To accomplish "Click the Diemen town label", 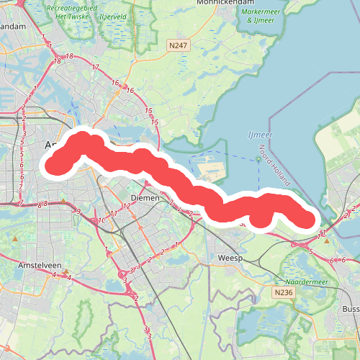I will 144,197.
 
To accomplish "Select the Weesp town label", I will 230,257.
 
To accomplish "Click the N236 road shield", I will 283,293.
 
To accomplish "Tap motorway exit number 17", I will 95,67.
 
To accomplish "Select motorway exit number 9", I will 78,212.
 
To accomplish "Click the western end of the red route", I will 55,166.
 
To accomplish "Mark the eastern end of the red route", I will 308,220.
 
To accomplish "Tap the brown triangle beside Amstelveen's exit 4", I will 66,272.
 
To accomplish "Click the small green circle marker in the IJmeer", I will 258,148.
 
